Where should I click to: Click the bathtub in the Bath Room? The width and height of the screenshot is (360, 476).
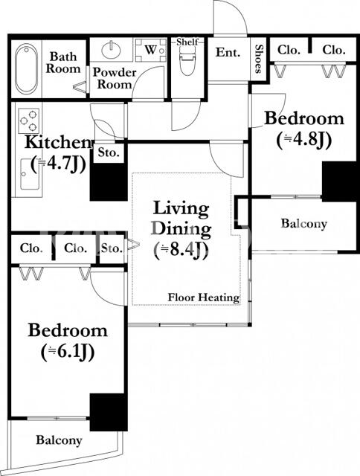27,69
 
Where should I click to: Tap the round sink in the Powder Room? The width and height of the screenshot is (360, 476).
111,50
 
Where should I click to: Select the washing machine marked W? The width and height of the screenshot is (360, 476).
151,50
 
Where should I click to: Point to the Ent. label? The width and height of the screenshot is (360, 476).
228,52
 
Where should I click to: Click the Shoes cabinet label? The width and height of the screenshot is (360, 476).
258,59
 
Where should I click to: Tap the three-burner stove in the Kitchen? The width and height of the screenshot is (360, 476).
28,120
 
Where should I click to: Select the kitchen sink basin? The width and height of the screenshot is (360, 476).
29,174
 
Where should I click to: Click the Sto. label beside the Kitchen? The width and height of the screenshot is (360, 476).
109,152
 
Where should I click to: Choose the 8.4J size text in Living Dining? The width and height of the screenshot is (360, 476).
181,251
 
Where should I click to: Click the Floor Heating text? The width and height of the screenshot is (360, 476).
204,297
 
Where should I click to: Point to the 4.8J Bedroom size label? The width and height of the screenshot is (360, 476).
303,141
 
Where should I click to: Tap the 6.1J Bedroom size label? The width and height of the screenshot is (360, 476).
68,352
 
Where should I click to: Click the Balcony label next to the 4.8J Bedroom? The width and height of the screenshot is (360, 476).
304,223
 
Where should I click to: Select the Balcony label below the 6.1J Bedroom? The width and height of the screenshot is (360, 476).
59,440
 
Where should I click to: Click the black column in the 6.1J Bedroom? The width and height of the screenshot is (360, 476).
109,412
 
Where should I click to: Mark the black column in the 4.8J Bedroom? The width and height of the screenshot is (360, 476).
338,181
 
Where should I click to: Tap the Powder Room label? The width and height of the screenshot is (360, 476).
115,78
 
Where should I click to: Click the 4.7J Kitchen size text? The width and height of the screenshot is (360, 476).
58,164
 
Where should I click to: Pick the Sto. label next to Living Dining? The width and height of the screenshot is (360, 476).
112,248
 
